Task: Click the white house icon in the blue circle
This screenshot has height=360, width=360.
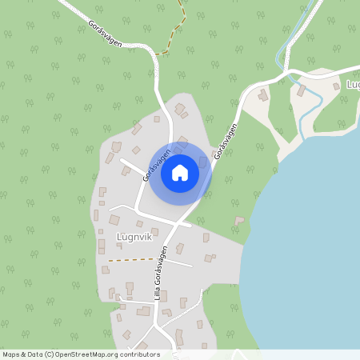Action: [x=180, y=173]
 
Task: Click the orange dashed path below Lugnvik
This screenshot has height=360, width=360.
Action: [x=130, y=259]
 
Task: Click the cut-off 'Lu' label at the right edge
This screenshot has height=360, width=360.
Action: [x=353, y=84]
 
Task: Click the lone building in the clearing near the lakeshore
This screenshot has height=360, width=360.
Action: [x=238, y=220]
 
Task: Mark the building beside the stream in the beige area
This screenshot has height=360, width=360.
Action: [x=301, y=90]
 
